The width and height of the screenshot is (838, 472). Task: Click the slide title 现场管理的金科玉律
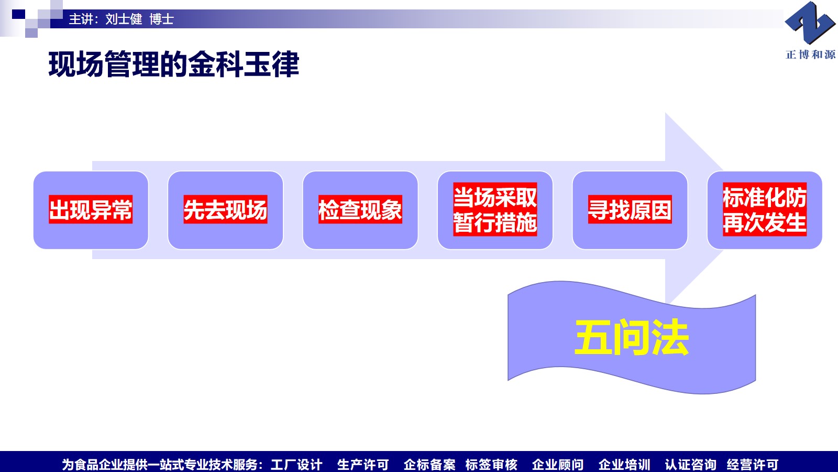(173, 65)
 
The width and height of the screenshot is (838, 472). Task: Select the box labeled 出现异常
(91, 210)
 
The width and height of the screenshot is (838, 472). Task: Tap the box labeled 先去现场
(226, 210)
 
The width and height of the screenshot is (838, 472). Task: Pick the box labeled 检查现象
(360, 210)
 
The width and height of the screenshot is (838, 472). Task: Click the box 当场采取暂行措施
(495, 210)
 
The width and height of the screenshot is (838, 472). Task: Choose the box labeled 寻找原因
(630, 210)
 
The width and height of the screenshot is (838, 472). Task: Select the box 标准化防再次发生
(765, 210)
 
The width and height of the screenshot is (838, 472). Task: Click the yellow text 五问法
(632, 337)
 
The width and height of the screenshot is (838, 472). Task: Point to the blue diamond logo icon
(810, 23)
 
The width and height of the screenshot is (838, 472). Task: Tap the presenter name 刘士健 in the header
(124, 19)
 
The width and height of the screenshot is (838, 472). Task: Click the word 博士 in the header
(162, 19)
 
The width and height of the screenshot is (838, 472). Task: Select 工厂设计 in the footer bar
(296, 465)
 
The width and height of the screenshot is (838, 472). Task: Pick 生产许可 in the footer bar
(363, 465)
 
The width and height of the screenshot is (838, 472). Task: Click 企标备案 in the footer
(429, 465)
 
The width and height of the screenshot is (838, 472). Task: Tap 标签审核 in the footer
(491, 465)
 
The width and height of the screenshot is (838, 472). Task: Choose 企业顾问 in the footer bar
(558, 465)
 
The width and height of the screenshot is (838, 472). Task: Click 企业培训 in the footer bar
(624, 465)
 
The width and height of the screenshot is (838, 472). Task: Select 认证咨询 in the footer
(691, 465)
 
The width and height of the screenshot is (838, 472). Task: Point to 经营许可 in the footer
(753, 465)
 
